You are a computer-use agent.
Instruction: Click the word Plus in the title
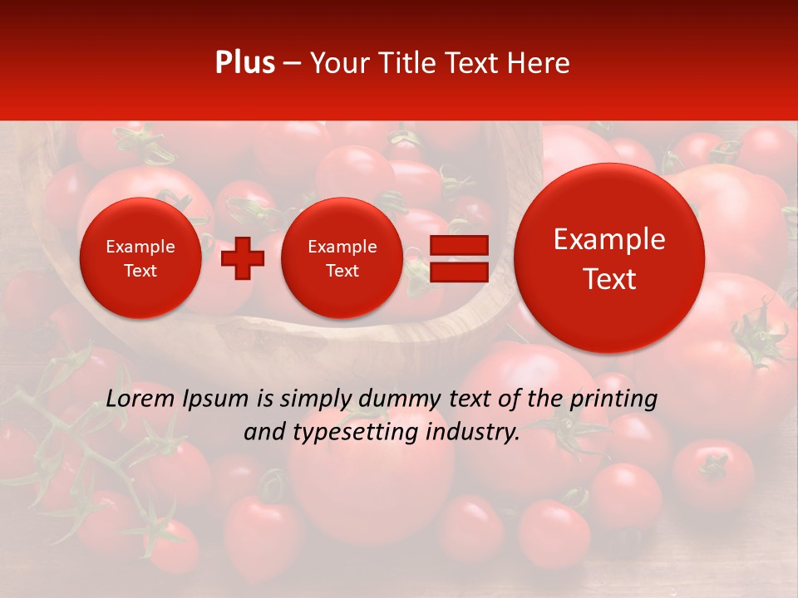244,63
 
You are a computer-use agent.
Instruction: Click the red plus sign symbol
243,257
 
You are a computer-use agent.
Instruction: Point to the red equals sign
458,258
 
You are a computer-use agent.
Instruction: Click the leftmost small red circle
140,258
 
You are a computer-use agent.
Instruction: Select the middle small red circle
342,258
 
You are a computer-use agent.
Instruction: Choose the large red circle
609,258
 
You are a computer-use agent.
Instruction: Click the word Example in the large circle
609,239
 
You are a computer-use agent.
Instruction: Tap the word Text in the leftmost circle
140,271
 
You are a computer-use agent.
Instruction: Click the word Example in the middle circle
342,247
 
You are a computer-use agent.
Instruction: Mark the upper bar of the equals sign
458,245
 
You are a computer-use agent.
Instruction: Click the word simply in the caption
311,399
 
